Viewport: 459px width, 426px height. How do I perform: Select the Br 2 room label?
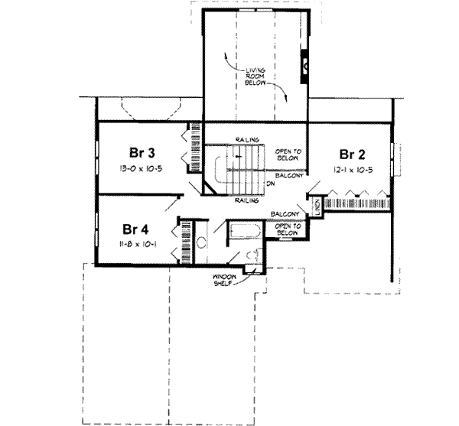pos(352,152)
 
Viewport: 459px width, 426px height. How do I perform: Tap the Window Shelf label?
pos(228,279)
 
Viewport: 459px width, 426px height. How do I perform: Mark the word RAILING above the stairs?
pos(246,138)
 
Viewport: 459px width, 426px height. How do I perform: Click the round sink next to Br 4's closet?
pos(202,243)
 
